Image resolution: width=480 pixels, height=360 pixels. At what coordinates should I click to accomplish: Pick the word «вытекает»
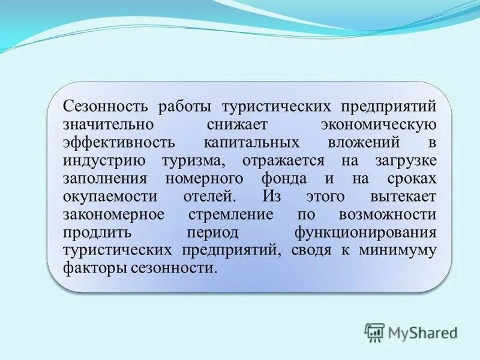[x=403, y=197]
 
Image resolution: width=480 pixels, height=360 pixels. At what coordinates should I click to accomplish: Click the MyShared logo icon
[x=374, y=331]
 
